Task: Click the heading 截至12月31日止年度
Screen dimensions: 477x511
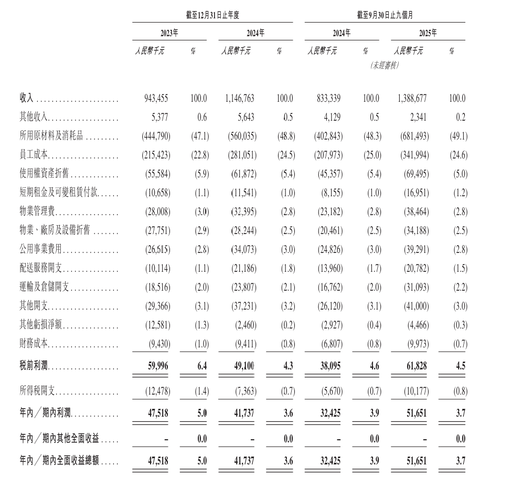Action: (x=212, y=16)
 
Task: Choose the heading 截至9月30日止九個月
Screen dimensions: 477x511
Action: (x=385, y=16)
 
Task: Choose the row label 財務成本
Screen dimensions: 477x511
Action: (x=34, y=345)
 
